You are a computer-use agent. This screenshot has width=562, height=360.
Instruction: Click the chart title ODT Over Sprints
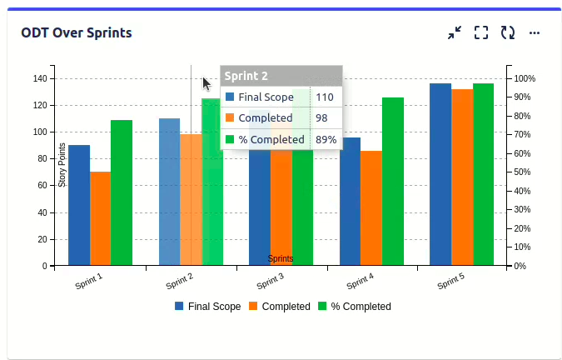pyautogui.click(x=76, y=33)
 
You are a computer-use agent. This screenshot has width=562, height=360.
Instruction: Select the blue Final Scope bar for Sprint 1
pyautogui.click(x=79, y=205)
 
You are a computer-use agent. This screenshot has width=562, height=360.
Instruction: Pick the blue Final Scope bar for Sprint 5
pyautogui.click(x=440, y=174)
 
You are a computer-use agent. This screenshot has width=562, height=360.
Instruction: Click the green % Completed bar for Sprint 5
pyautogui.click(x=483, y=174)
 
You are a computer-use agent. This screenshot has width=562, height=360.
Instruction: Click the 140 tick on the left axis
pyautogui.click(x=39, y=78)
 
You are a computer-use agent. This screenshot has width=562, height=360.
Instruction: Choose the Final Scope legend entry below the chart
pyautogui.click(x=207, y=307)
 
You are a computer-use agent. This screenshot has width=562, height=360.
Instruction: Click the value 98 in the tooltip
pyautogui.click(x=321, y=118)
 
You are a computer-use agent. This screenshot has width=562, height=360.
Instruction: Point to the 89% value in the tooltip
pyautogui.click(x=326, y=140)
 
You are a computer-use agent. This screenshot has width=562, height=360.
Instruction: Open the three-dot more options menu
pyautogui.click(x=535, y=33)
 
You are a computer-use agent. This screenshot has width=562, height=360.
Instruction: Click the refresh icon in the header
pyautogui.click(x=507, y=33)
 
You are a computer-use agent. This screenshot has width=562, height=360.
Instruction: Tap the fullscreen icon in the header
pyautogui.click(x=480, y=33)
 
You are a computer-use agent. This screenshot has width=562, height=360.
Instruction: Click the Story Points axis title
pyautogui.click(x=62, y=165)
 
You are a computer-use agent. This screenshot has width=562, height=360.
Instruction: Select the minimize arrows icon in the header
pyautogui.click(x=454, y=33)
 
